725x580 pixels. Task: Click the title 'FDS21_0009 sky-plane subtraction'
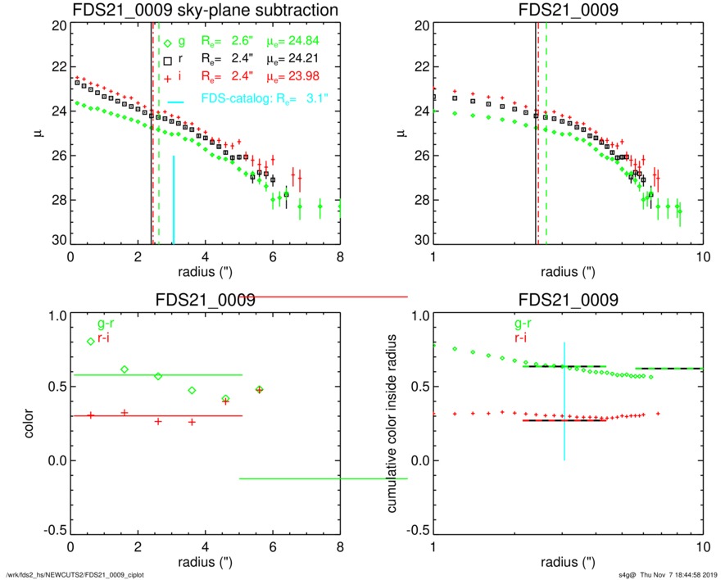[x=205, y=10]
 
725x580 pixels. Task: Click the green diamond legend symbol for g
[x=168, y=44]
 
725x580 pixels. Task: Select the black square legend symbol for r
[x=168, y=61]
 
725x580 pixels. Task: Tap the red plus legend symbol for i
[x=168, y=77]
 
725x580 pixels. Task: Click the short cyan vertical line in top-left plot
[x=173, y=199]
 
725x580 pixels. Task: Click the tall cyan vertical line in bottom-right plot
[x=564, y=401]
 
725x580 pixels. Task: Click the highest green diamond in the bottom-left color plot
[x=90, y=342]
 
